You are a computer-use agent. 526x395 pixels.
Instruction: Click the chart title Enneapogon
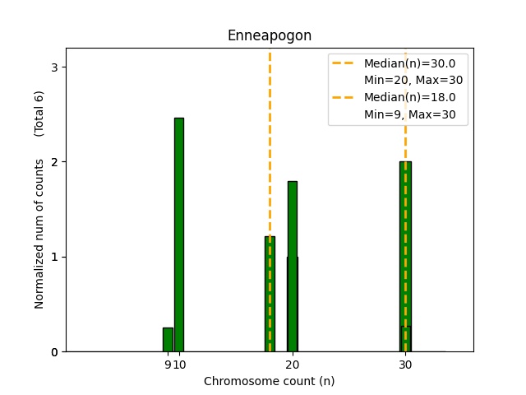pyautogui.click(x=269, y=36)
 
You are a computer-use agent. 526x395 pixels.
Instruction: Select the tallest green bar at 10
pyautogui.click(x=178, y=235)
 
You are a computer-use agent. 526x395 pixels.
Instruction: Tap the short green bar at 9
pyautogui.click(x=168, y=339)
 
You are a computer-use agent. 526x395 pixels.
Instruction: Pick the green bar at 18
pyautogui.click(x=270, y=294)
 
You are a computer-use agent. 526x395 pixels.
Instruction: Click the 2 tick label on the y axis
pyautogui.click(x=55, y=162)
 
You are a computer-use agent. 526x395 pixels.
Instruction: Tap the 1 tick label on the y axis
pyautogui.click(x=55, y=257)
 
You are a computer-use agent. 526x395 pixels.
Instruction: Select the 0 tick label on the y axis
pyautogui.click(x=55, y=352)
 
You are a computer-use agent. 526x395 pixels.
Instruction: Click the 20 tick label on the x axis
pyautogui.click(x=292, y=365)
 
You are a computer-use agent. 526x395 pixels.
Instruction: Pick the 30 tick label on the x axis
pyautogui.click(x=405, y=365)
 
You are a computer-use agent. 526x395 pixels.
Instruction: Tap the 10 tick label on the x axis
pyautogui.click(x=180, y=365)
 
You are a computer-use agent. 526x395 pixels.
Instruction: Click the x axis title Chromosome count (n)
pyautogui.click(x=269, y=381)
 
